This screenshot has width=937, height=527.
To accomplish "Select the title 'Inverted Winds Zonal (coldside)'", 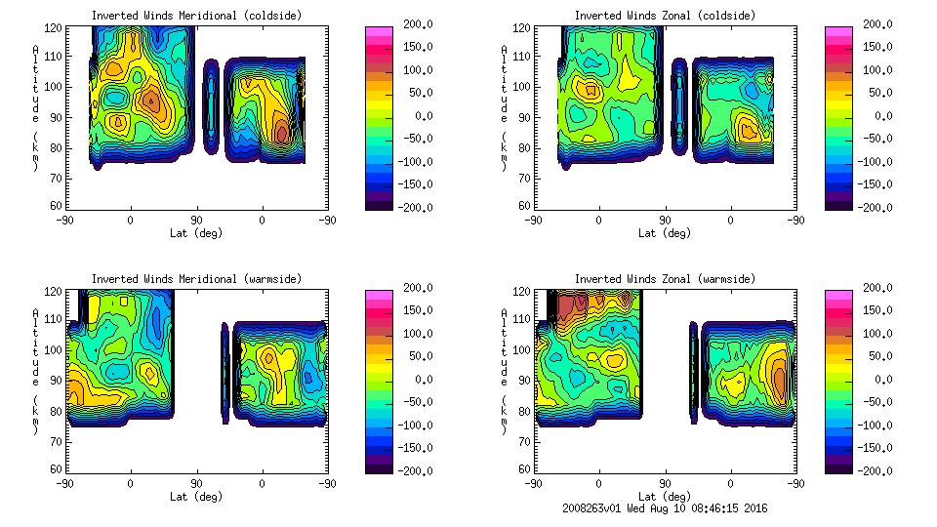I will point(664,16).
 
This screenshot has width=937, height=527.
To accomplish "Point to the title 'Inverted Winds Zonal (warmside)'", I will point(664,279).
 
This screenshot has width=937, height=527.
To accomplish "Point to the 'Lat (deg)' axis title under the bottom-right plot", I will point(664,497).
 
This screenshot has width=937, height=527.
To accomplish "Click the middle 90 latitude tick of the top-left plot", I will point(196,221).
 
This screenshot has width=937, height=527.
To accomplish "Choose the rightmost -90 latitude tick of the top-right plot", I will point(795,221).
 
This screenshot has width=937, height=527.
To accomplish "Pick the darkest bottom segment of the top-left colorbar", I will point(377,203).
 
